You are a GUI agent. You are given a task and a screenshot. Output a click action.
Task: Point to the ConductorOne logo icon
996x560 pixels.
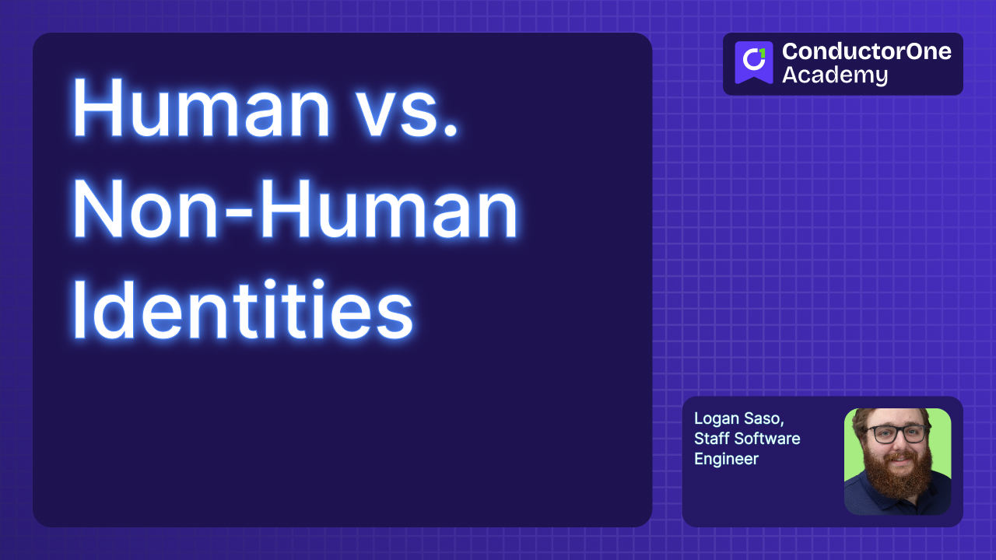click(753, 61)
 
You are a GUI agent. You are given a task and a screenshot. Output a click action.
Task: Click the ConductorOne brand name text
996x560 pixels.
click(866, 52)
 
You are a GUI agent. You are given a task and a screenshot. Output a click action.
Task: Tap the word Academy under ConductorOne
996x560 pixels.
click(834, 75)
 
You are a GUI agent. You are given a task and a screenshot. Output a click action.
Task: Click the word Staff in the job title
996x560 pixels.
click(713, 439)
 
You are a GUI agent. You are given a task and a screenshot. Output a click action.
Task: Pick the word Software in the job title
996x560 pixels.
click(768, 439)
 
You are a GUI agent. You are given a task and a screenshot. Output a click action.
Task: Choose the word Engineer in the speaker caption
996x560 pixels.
click(726, 459)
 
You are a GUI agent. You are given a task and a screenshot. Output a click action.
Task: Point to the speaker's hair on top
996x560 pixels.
click(895, 414)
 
